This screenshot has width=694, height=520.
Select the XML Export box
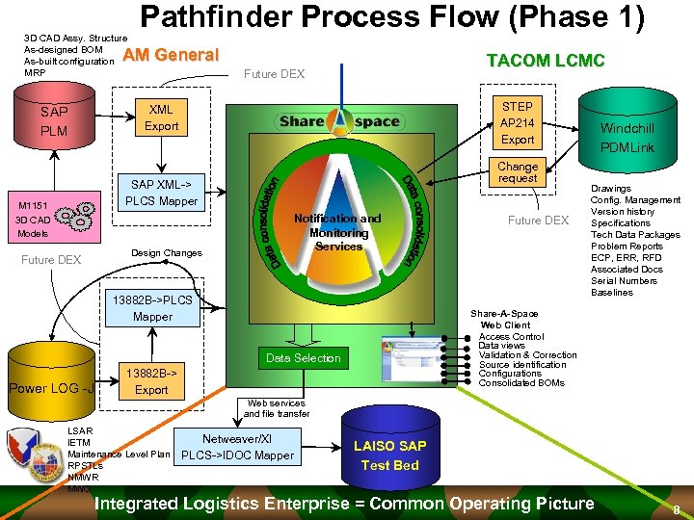pos(161,117)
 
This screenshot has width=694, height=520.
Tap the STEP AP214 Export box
pos(517,122)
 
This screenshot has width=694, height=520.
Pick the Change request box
pos(518,172)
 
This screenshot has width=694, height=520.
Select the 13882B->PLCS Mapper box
pos(152,307)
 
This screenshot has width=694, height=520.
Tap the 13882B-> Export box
pos(151,381)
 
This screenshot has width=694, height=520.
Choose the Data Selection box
pos(304,358)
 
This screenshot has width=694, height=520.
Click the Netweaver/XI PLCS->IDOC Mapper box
pos(237,447)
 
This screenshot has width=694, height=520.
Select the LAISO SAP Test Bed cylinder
pos(389,455)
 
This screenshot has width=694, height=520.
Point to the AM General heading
pos(172,55)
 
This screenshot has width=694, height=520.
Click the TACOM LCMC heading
pos(546,61)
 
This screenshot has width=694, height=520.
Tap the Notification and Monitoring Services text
pos(339,232)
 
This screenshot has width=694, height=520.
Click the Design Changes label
pos(166,253)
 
